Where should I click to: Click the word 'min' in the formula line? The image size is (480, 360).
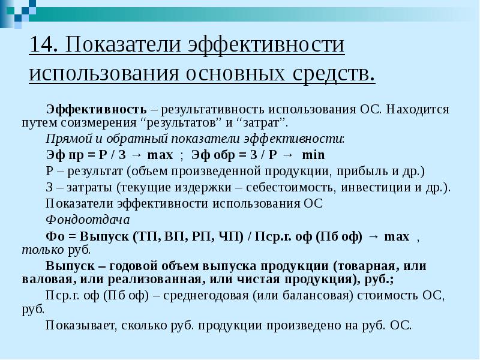pyautogui.click(x=313, y=155)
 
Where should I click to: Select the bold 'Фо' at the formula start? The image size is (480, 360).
pyautogui.click(x=55, y=235)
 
